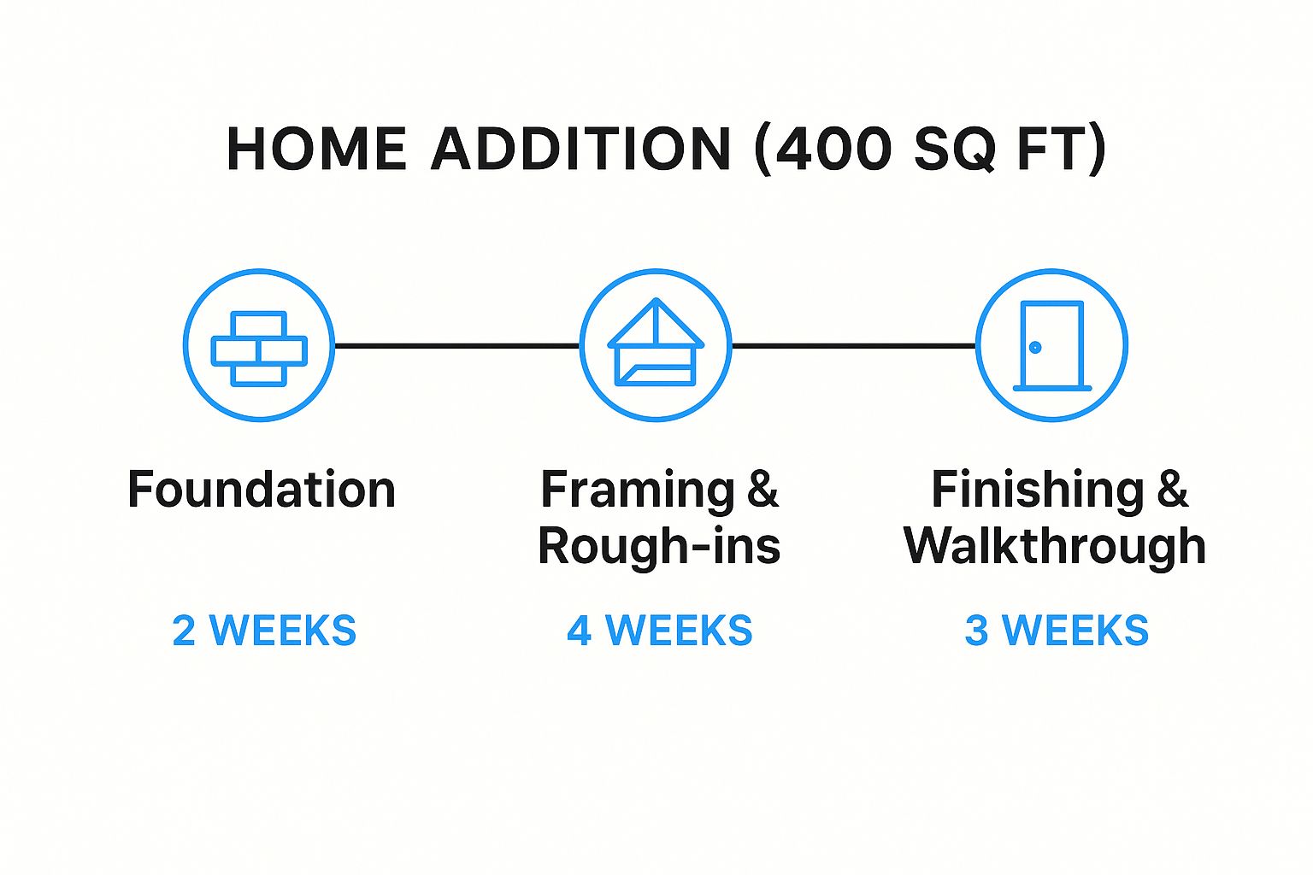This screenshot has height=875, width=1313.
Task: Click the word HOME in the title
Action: coord(316,149)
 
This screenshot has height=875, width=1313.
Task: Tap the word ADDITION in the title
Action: coord(581,149)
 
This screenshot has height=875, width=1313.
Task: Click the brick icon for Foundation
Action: coord(259,348)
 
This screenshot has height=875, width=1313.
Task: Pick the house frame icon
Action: coord(656,343)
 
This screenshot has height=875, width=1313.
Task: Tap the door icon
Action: coord(1052,346)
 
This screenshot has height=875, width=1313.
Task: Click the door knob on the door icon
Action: coord(1035,348)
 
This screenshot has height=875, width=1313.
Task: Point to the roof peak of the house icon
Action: coord(656,299)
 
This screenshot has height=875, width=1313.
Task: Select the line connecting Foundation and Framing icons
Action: coord(456,346)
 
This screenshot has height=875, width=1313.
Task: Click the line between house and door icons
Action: coord(854,346)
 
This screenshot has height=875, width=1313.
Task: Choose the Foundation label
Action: coord(262,489)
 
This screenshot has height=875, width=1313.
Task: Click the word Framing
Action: coord(637,491)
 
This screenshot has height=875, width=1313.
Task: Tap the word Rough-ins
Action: coord(659,547)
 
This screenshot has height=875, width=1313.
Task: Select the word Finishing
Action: coord(1038,491)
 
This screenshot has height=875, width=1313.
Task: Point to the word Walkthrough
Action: coord(1055,547)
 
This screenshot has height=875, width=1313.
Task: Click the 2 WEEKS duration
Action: coord(264,631)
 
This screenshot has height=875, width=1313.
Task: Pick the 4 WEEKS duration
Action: coord(659,631)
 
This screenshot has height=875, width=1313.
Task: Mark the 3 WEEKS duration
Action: coord(1057,631)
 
